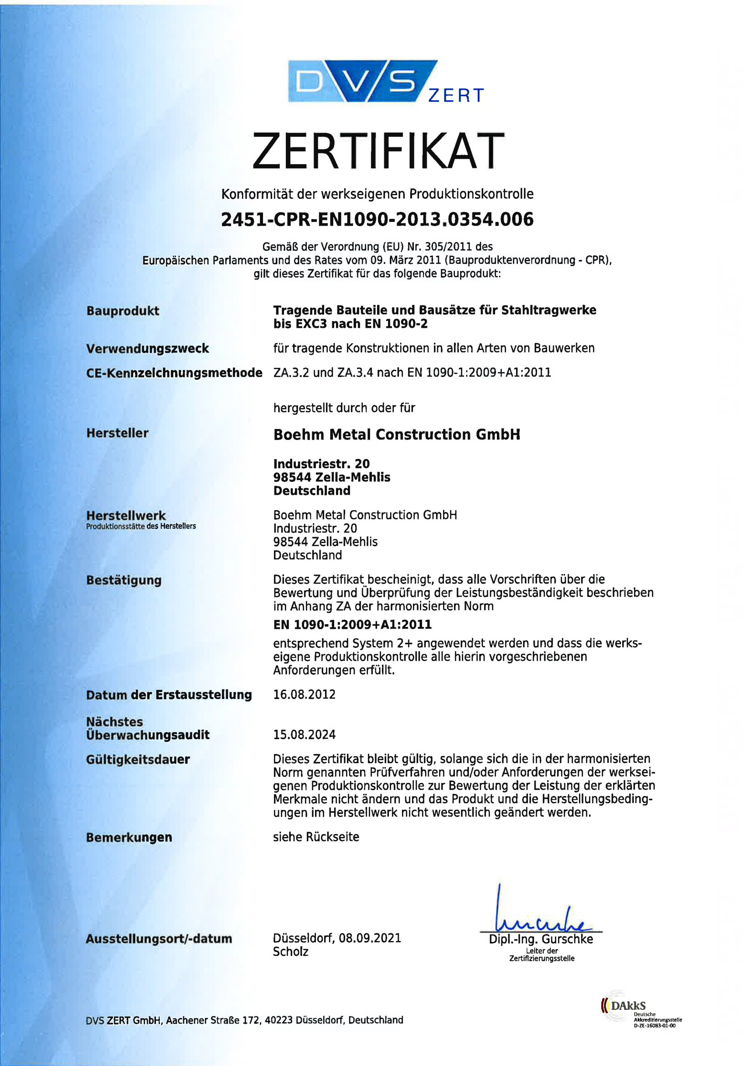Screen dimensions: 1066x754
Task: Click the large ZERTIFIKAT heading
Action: [x=378, y=151]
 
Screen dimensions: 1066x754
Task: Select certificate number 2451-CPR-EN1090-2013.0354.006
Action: [x=377, y=220]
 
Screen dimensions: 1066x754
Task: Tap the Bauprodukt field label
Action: [x=123, y=310]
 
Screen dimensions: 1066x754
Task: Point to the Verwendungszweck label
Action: [x=147, y=348]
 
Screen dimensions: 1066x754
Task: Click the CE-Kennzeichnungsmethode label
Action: [x=174, y=373]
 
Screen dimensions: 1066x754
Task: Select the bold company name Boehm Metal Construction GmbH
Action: [x=397, y=435]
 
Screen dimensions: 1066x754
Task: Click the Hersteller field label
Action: [x=118, y=433]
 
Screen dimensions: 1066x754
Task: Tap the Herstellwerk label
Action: [x=126, y=515]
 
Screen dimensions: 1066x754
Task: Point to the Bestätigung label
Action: [x=124, y=580]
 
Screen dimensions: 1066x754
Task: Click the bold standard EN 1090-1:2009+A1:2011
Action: [x=352, y=625]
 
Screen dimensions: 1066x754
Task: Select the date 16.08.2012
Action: [x=304, y=694]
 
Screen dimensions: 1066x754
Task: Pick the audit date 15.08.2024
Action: [x=304, y=735]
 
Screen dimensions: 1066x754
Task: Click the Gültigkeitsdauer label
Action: [x=138, y=760]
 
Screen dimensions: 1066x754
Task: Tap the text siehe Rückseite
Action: [x=316, y=837]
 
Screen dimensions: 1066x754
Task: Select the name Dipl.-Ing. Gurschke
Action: [x=541, y=939]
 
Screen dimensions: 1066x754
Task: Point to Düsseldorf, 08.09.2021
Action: [x=336, y=938]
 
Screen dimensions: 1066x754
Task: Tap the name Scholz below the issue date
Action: [x=291, y=952]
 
